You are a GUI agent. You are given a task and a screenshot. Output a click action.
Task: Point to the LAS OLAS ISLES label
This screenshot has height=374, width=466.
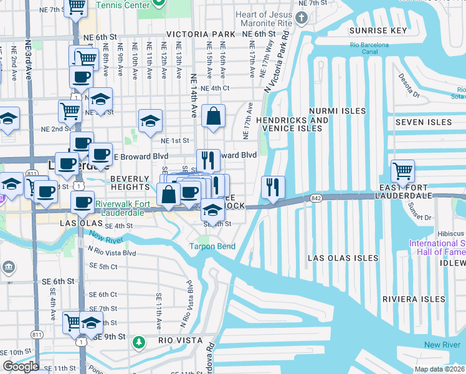(x=343, y=258)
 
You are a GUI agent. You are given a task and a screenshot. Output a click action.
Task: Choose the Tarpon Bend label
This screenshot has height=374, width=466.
(x=212, y=246)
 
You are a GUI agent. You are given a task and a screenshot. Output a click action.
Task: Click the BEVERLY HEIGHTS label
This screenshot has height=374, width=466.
(x=130, y=183)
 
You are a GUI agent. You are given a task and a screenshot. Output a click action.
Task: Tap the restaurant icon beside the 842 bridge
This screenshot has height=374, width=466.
(x=273, y=187)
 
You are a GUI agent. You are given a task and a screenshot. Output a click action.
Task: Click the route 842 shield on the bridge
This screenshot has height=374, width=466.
(x=312, y=198)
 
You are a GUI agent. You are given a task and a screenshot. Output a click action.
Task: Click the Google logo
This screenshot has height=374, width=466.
(x=21, y=367)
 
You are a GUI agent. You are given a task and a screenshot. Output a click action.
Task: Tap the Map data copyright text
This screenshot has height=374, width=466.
(x=440, y=369)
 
